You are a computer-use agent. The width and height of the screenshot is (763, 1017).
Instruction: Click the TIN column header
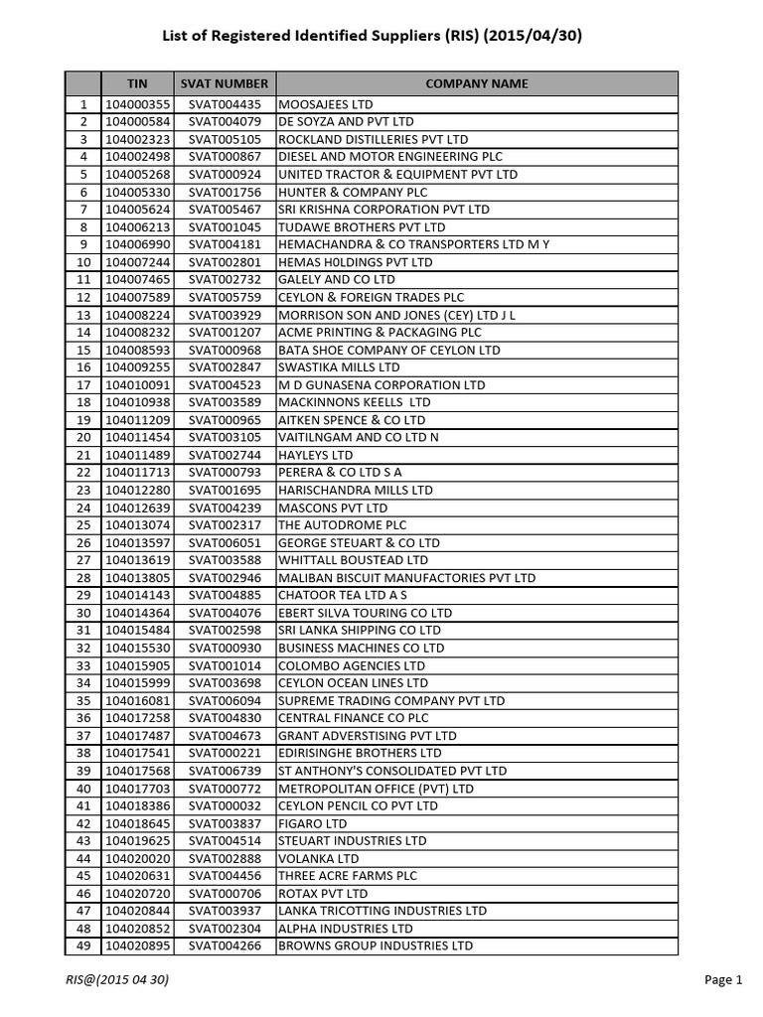[x=137, y=84]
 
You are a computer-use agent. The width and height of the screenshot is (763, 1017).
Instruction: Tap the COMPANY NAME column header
[x=477, y=84]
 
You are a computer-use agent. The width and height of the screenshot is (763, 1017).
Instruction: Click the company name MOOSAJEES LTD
[x=326, y=104]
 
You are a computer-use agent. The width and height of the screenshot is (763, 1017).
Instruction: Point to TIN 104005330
[x=137, y=192]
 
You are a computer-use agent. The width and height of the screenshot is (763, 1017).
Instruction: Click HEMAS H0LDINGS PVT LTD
[x=356, y=262]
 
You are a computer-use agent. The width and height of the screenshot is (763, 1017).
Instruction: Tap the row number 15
[x=83, y=350]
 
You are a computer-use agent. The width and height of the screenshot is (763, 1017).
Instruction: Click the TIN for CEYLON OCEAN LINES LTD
[x=137, y=682]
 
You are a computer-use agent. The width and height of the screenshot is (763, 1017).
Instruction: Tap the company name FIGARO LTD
[x=313, y=823]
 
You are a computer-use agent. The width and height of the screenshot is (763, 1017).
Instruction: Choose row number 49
[x=83, y=945]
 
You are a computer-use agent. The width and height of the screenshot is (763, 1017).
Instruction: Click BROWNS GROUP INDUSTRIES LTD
[x=376, y=945]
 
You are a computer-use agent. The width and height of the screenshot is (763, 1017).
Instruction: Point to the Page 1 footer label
[x=723, y=980]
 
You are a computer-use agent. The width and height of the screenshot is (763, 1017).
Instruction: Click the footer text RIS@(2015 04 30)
[x=117, y=980]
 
